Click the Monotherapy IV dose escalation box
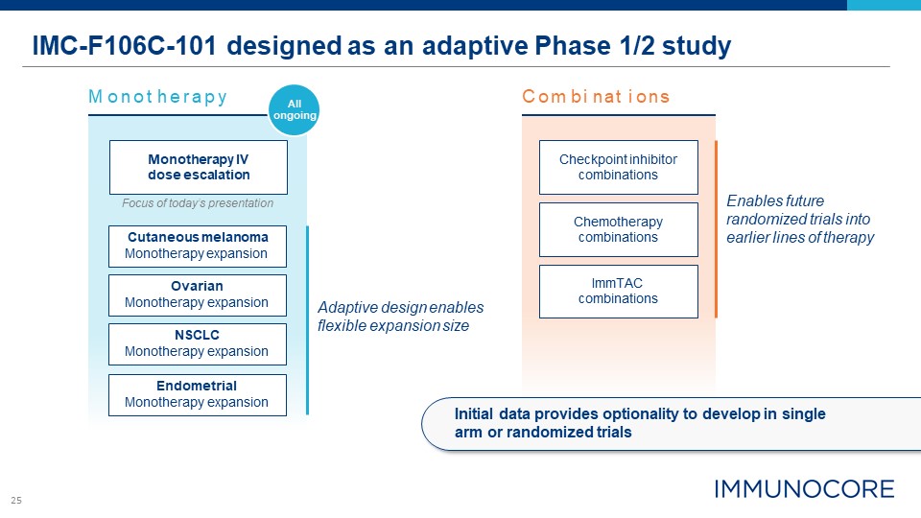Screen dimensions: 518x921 point(199,167)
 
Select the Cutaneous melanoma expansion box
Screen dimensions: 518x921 point(197,246)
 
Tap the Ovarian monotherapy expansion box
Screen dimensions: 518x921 point(197,294)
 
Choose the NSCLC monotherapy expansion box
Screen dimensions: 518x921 point(197,343)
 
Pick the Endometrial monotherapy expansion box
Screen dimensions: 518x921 point(197,394)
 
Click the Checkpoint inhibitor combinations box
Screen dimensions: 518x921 point(618,167)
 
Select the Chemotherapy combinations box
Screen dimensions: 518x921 point(618,229)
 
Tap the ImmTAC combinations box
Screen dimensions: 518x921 point(618,291)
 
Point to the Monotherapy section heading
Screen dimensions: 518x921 point(157,97)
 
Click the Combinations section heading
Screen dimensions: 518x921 point(596,97)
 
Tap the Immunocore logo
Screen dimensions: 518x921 point(803,488)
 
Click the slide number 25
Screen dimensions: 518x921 point(16,500)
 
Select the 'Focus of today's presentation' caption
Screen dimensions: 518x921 point(198,203)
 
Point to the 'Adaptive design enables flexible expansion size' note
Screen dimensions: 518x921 point(400,316)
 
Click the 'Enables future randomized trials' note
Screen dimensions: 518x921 point(800,220)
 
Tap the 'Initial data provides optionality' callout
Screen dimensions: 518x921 point(639,422)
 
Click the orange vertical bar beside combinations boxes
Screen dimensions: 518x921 point(717,229)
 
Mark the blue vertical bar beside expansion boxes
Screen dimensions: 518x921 point(307,319)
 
